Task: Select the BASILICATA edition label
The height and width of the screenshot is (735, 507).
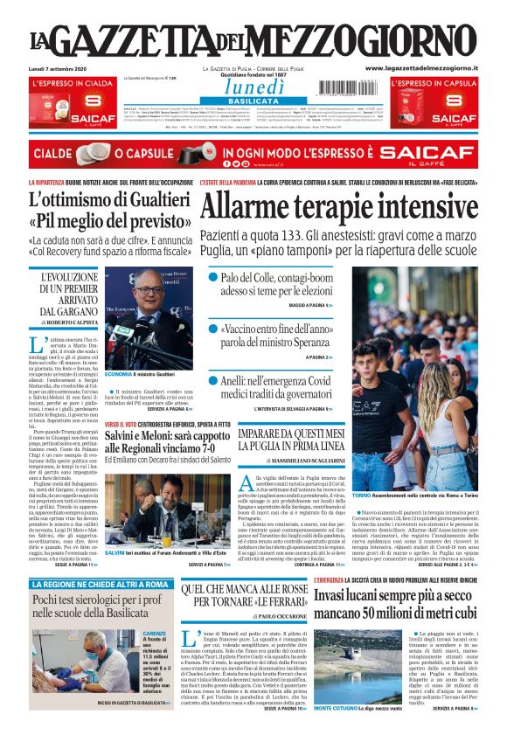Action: tap(253, 101)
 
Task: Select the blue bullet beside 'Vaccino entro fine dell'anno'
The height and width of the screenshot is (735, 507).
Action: tap(214, 329)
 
